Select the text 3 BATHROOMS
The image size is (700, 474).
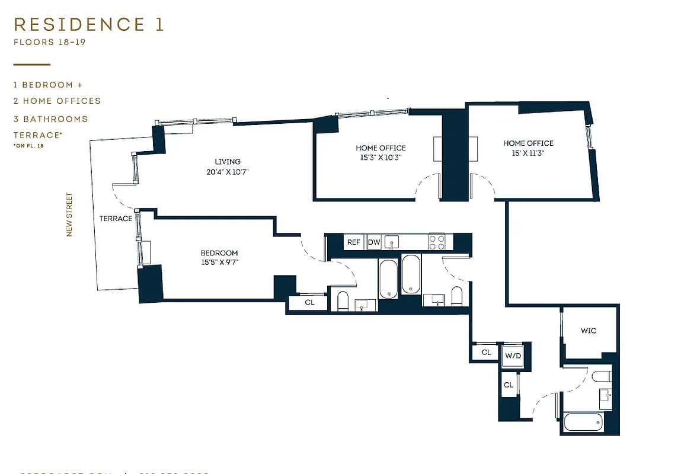[51, 119]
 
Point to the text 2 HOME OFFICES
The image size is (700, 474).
[57, 101]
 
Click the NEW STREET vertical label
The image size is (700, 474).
[69, 214]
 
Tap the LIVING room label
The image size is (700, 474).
[228, 162]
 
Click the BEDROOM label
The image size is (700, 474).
[219, 253]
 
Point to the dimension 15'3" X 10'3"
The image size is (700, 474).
[381, 158]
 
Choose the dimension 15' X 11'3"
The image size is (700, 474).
[528, 153]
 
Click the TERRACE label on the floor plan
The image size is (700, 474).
[116, 219]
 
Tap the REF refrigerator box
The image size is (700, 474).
[354, 242]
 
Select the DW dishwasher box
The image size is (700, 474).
[374, 242]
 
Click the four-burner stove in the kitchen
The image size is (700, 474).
[437, 242]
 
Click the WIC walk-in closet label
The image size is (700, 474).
[589, 331]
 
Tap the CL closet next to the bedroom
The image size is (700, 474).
[309, 302]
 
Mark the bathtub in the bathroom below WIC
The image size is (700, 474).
[583, 424]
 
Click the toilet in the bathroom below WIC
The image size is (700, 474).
[600, 376]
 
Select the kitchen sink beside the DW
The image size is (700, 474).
[392, 242]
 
